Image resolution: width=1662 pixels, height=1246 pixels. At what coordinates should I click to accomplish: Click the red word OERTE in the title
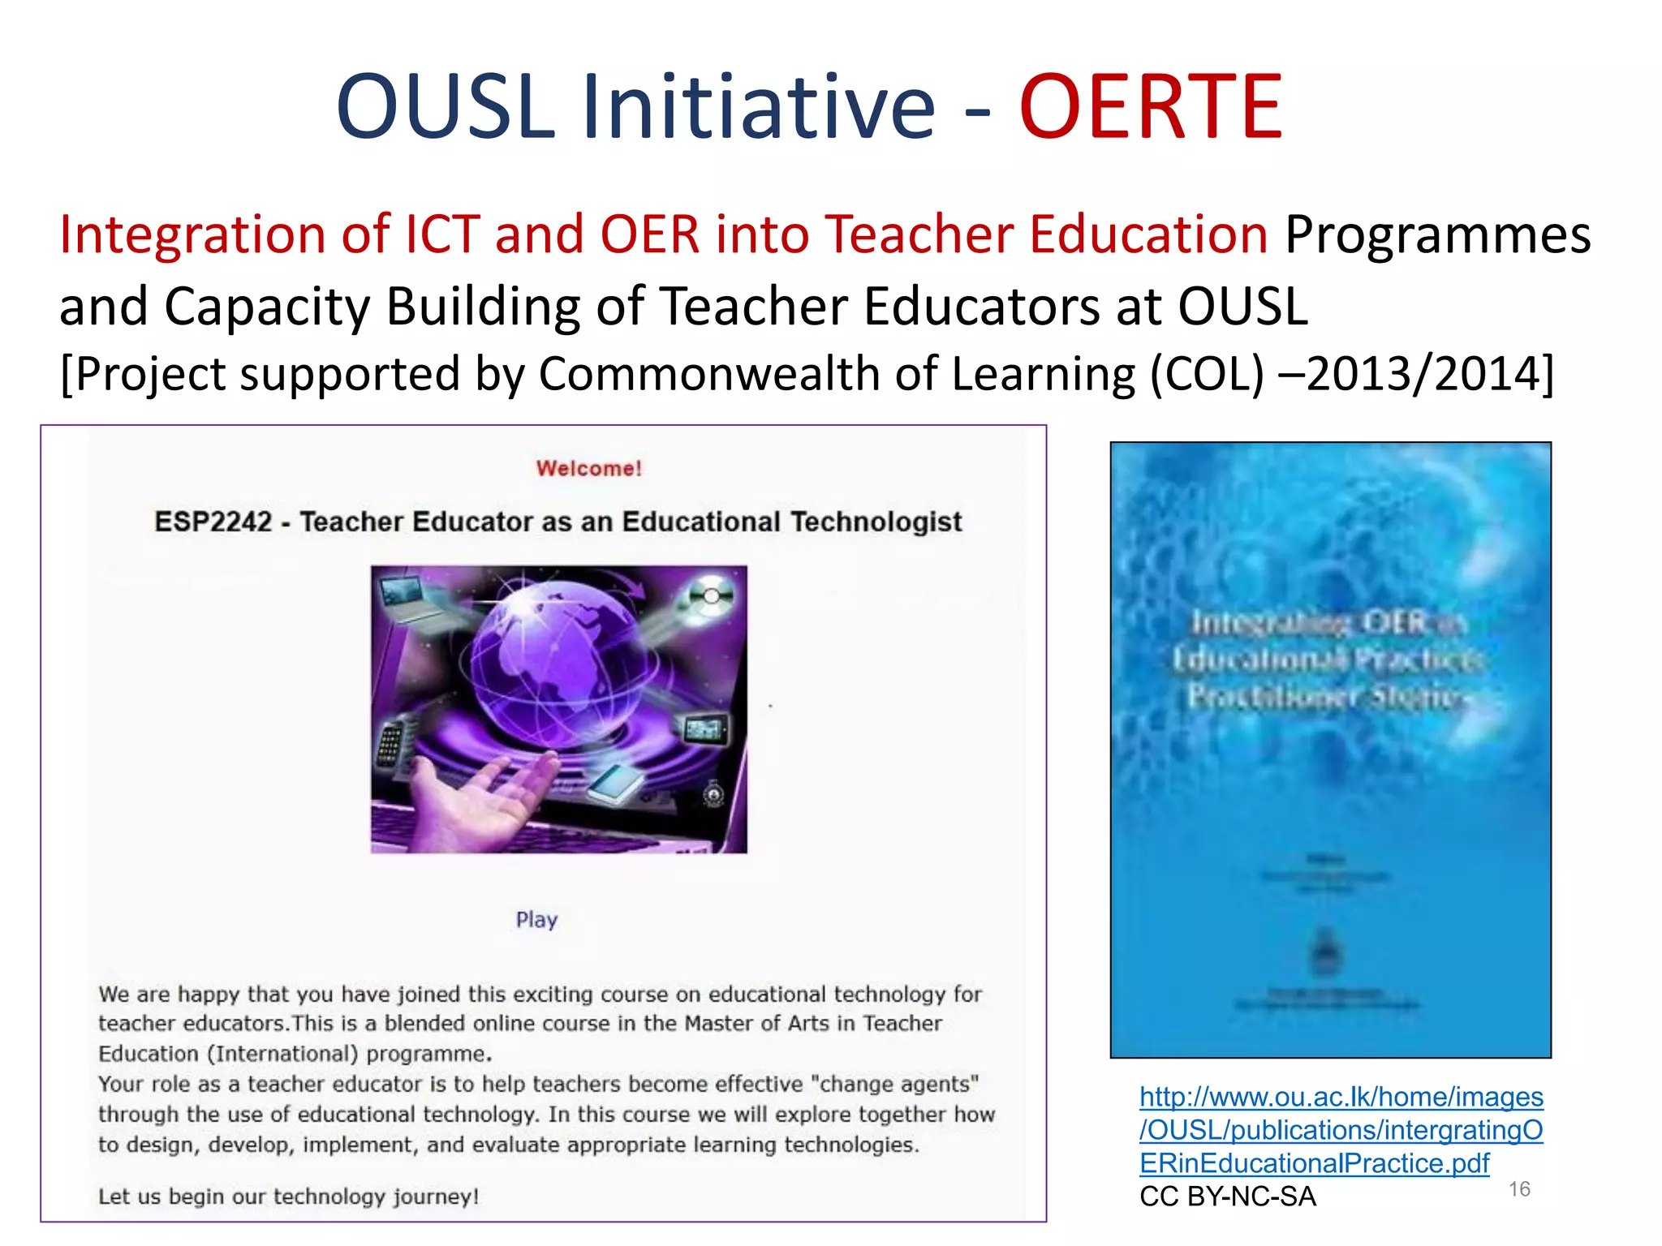coord(1150,107)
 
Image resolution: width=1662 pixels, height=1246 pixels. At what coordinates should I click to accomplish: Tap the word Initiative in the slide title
coord(759,107)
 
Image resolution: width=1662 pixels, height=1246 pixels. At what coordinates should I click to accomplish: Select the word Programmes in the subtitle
coord(1437,235)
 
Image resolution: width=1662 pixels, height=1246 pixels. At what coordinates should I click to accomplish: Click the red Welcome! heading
coord(589,468)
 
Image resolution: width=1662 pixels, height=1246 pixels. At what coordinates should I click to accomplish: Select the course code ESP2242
coord(213,522)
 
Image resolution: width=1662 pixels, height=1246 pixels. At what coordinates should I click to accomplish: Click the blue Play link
coord(536,919)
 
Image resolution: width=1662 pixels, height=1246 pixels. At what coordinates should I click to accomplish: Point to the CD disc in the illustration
coord(711,596)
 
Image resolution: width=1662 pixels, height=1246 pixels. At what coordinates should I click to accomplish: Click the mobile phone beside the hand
coord(390,742)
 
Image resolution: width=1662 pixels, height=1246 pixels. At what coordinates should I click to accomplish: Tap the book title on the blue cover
coord(1328,659)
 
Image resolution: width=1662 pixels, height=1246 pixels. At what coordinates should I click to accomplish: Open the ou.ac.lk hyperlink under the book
coord(1341,1130)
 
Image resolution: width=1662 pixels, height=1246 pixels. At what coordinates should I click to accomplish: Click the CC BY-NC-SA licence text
coord(1227,1197)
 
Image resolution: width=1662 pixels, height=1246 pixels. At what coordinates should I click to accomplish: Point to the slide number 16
coord(1519,1189)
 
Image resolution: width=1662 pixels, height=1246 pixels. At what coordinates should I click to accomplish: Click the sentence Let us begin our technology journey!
coord(289,1197)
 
